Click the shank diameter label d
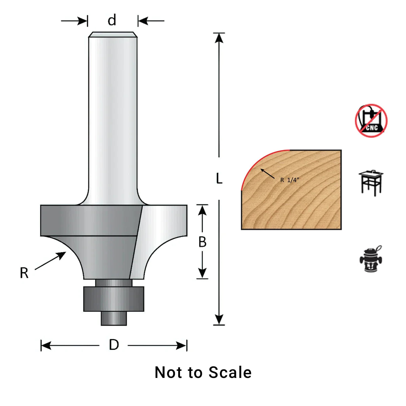click(112, 20)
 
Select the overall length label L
click(219, 178)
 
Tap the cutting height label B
click(202, 242)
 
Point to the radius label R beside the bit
click(24, 273)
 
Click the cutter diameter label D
click(114, 345)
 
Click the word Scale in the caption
click(230, 373)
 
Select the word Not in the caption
click(169, 373)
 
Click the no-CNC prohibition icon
click(371, 121)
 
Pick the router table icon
click(371, 183)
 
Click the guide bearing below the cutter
click(114, 299)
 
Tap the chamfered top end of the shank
click(113, 35)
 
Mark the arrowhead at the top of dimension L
click(219, 37)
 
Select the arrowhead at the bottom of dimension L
click(219, 320)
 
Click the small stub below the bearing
click(114, 318)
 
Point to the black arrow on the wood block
click(267, 174)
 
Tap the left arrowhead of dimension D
click(46, 345)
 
